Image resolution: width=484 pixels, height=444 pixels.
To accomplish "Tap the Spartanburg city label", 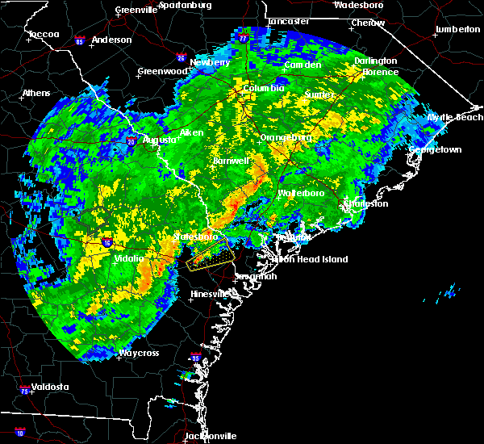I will [185, 5].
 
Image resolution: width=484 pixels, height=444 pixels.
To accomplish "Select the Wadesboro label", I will [361, 5].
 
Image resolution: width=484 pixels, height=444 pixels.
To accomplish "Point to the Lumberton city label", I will [457, 29].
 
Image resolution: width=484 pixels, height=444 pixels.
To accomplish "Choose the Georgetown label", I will [436, 150].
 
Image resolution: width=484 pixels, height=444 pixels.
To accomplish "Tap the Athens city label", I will [35, 93].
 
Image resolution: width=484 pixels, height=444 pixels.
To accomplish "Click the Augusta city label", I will [159, 140].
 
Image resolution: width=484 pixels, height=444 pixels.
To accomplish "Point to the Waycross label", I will [139, 353].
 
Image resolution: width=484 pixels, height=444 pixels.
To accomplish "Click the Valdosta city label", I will [45, 387].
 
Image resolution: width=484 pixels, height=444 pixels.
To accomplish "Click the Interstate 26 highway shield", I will [181, 58].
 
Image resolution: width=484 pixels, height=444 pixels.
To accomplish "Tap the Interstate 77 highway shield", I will [244, 38].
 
